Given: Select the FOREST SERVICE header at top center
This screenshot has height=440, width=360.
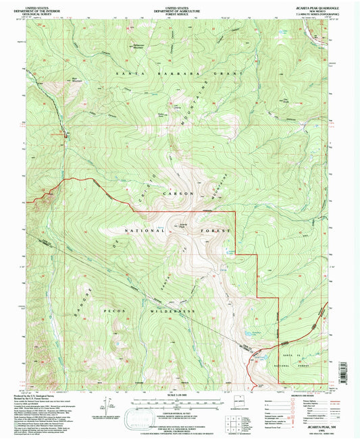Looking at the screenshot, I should [179, 12].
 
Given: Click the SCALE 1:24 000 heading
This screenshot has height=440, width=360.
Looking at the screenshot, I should [179, 395].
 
